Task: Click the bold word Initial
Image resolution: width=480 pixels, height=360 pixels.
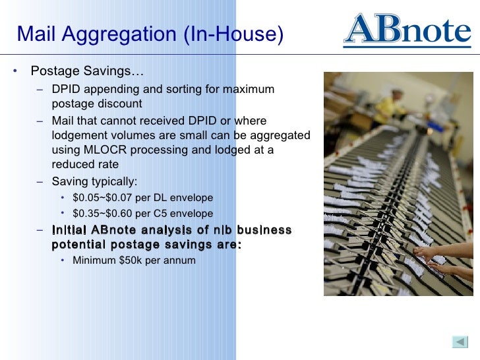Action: click(x=69, y=229)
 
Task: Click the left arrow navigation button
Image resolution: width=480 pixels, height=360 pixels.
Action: click(x=459, y=342)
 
